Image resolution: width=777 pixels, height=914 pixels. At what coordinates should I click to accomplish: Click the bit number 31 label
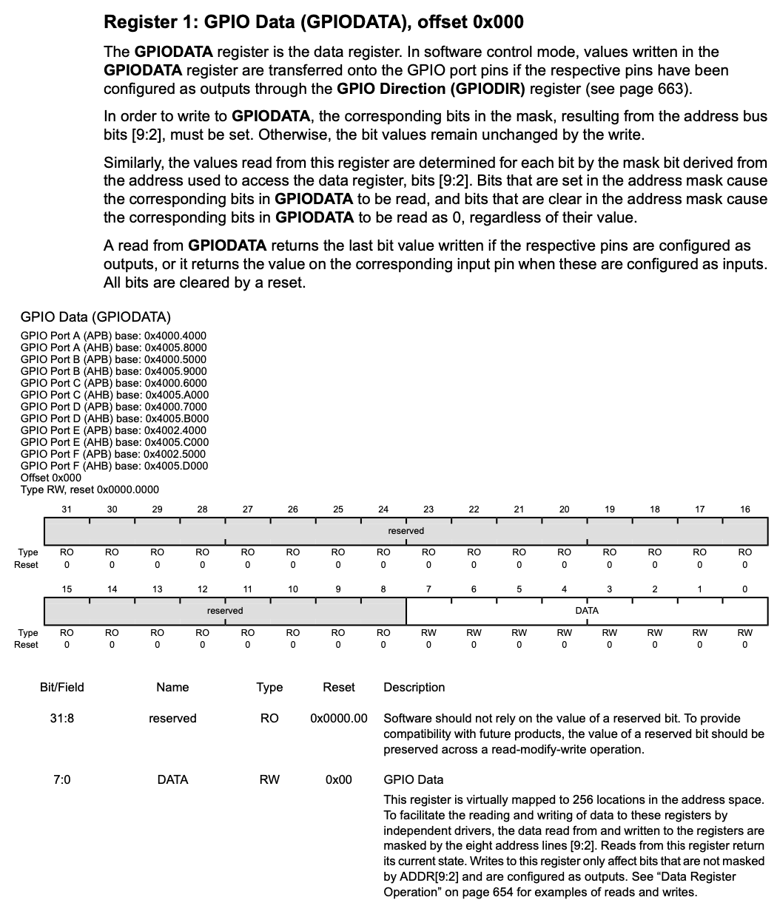pos(67,510)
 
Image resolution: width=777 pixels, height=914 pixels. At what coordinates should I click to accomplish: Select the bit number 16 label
pos(744,510)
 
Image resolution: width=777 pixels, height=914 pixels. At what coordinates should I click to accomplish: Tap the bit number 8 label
pos(383,589)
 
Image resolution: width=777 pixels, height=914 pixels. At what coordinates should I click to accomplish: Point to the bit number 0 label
pos(744,589)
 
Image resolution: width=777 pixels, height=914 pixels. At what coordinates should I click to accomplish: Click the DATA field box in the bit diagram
pos(586,611)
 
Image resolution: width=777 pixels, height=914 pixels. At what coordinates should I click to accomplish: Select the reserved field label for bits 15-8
pos(225,611)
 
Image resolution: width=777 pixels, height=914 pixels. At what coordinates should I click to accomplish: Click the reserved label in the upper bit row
pos(406,531)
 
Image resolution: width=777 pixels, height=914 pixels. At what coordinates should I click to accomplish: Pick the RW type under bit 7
pos(428,633)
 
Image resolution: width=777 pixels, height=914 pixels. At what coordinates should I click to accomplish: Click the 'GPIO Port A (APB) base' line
pos(113,336)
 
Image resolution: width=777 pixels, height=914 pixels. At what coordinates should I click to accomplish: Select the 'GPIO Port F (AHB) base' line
pos(114,466)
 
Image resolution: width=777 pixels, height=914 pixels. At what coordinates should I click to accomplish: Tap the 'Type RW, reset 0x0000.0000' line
pos(90,490)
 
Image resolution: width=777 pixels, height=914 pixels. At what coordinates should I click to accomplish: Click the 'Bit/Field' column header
pos(62,688)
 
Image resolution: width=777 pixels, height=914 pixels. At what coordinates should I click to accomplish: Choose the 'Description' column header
pos(414,688)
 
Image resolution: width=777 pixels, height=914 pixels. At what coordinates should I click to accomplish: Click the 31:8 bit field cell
pos(62,719)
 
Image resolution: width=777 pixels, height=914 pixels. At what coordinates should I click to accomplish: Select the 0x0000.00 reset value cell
pos(339,719)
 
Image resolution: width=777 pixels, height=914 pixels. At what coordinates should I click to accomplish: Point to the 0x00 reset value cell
pos(339,780)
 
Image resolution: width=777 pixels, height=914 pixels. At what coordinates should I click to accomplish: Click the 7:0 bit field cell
pos(62,780)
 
